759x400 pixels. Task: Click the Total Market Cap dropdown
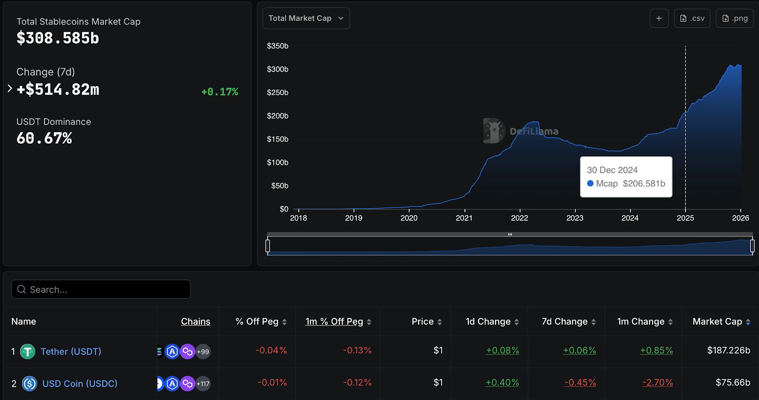point(306,19)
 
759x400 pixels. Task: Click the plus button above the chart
point(659,19)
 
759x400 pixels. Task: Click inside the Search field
point(101,289)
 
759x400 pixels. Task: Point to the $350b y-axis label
point(278,46)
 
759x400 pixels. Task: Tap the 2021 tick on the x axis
point(464,218)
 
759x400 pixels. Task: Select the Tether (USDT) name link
point(71,352)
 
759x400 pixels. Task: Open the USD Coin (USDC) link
point(80,383)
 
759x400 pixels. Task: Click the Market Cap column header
point(717,322)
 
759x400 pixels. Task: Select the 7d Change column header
point(565,322)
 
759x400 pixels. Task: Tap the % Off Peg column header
point(257,322)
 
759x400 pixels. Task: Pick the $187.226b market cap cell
point(728,351)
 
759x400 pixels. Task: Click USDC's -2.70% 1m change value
point(657,382)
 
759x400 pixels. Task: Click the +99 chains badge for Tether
point(203,352)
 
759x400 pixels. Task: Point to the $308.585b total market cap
point(58,38)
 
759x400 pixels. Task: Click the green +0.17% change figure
point(220,92)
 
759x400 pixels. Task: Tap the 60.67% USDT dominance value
point(44,138)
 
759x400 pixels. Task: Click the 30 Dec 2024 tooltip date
point(612,170)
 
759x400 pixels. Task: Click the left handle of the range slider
point(268,246)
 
